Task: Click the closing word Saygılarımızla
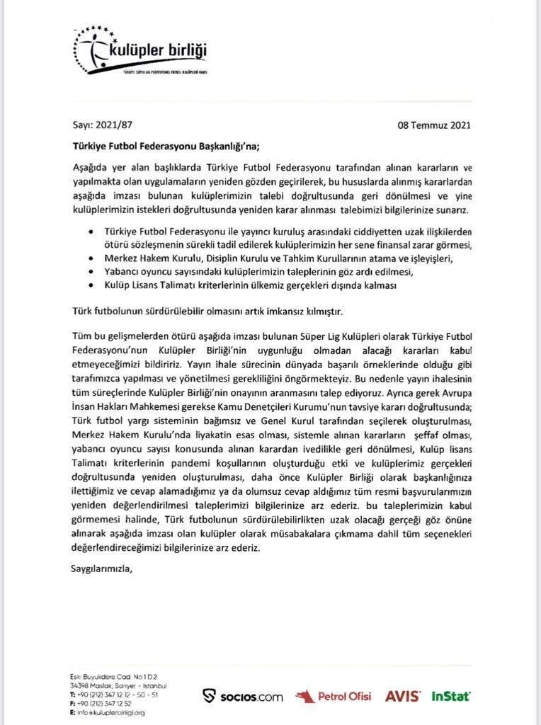click(102, 568)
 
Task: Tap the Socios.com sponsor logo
click(242, 696)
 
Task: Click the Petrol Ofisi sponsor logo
click(333, 696)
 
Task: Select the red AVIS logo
click(402, 696)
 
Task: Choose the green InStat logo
click(451, 696)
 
